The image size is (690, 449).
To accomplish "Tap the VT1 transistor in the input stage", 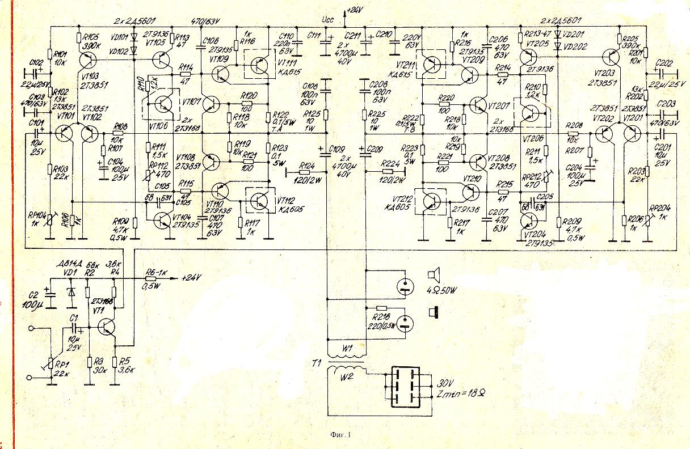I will pyautogui.click(x=106, y=326).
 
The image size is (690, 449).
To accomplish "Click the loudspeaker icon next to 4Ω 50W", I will pyautogui.click(x=433, y=276).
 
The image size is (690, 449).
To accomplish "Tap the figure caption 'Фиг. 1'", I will pyautogui.click(x=340, y=435).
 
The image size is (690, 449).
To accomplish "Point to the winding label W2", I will pyautogui.click(x=346, y=375).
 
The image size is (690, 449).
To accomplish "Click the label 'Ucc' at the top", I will pyautogui.click(x=327, y=19).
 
